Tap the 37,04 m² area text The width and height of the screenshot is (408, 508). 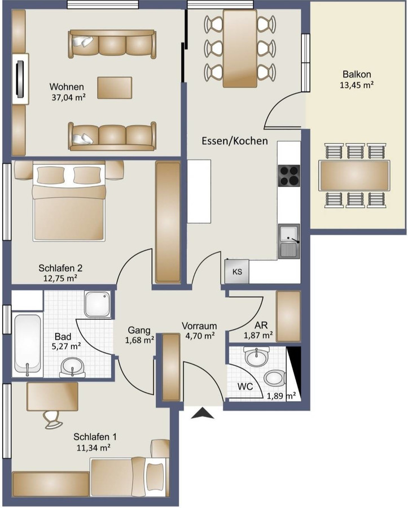(x=68, y=97)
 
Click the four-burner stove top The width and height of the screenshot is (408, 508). (x=289, y=175)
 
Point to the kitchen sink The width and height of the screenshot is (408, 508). (x=289, y=241)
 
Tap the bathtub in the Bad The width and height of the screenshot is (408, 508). (x=28, y=345)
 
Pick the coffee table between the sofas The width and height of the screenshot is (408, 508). (x=115, y=88)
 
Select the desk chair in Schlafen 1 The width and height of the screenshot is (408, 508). (x=53, y=418)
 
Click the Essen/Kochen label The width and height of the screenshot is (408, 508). (x=235, y=141)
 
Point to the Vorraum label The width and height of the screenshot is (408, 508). (x=199, y=326)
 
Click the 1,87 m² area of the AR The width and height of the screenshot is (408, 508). (x=258, y=335)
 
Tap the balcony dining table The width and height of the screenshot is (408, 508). (x=354, y=176)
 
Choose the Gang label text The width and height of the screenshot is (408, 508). (x=138, y=329)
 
